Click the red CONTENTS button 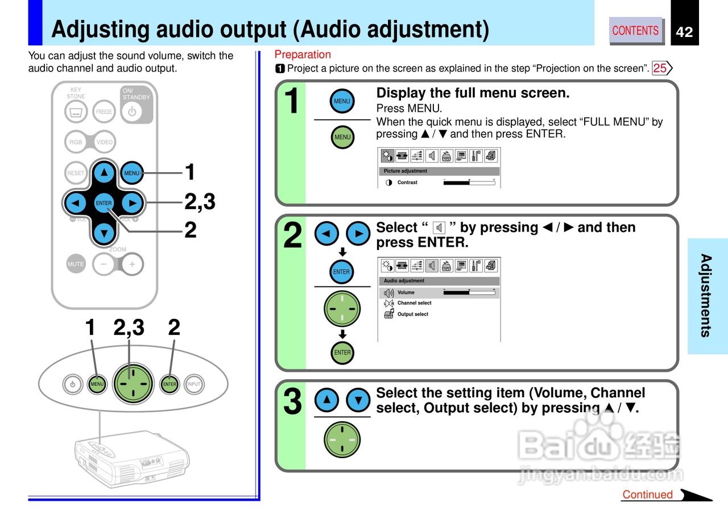[635, 30]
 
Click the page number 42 [684, 32]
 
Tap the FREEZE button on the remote [104, 111]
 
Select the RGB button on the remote [76, 142]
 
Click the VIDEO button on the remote [105, 142]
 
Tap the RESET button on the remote [76, 173]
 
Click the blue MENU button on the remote [132, 173]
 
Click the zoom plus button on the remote [132, 264]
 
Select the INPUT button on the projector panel [194, 384]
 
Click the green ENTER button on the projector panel [169, 384]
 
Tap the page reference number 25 [660, 68]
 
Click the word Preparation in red [303, 55]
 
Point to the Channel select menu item [414, 303]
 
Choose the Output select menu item [412, 314]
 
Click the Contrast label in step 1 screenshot [407, 182]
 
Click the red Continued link [647, 495]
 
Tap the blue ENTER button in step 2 [341, 272]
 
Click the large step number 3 [292, 402]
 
